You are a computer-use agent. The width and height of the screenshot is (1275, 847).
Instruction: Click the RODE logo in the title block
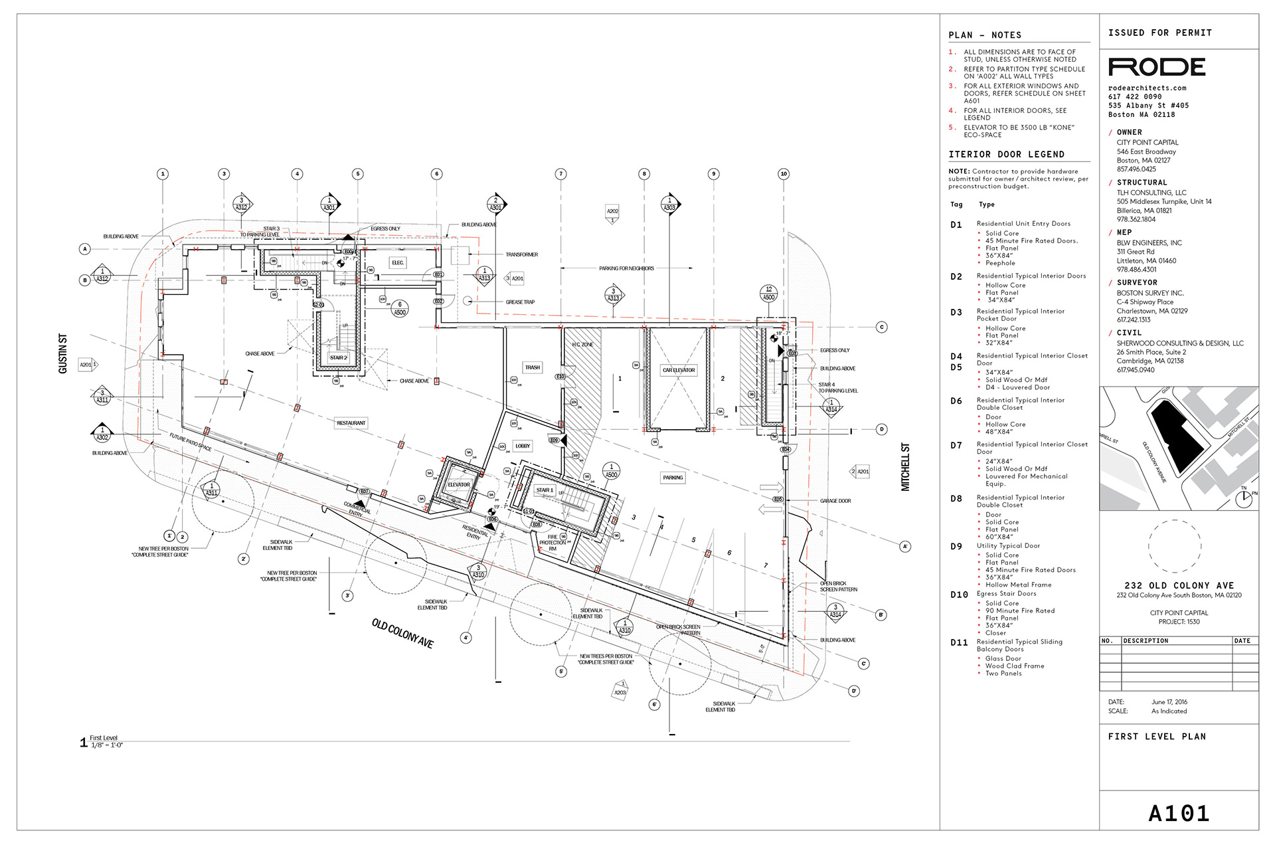(1157, 67)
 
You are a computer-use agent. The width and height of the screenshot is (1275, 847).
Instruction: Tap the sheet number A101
(1179, 813)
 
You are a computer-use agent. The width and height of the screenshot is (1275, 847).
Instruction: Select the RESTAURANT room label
(351, 423)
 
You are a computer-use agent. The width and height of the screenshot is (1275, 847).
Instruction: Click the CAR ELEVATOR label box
(679, 370)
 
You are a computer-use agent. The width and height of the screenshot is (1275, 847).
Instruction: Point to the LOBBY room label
(523, 446)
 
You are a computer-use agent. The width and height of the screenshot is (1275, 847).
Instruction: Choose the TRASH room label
(533, 367)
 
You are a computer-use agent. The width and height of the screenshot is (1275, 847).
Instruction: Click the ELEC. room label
(398, 262)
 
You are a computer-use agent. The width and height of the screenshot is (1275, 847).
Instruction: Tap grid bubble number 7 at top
(561, 174)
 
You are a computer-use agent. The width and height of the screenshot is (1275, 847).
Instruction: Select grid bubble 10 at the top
(784, 174)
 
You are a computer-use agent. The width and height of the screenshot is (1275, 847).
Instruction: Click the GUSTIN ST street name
(63, 353)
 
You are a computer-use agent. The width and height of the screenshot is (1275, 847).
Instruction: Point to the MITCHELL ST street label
(905, 467)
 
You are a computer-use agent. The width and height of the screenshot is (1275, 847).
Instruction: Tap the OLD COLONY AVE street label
(402, 633)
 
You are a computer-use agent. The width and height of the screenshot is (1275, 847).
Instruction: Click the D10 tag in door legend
(959, 595)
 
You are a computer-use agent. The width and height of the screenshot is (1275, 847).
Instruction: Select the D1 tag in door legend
(956, 225)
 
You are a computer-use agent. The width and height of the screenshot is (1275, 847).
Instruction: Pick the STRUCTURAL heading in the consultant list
(1142, 183)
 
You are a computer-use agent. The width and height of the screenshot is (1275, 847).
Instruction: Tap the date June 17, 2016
(1169, 702)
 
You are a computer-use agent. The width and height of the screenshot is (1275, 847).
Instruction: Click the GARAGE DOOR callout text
(835, 501)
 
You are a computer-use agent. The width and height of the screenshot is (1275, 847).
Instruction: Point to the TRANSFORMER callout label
(521, 254)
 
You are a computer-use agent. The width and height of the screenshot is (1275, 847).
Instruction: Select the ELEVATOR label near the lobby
(458, 485)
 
